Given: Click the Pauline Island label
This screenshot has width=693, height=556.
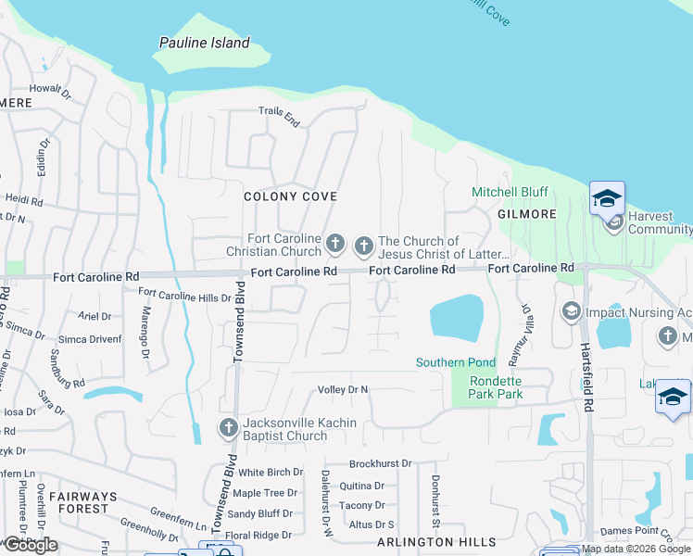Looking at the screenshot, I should [204, 43].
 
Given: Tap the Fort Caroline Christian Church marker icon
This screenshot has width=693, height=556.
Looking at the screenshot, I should [335, 246].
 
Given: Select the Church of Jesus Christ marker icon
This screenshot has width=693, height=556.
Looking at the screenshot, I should [363, 246].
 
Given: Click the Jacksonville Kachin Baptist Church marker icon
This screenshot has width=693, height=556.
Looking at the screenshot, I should [228, 428].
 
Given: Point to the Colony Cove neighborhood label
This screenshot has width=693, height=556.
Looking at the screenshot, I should [290, 196].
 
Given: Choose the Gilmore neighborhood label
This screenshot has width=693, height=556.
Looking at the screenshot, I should [526, 214].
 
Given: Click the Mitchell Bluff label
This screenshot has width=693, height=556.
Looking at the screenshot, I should [510, 192].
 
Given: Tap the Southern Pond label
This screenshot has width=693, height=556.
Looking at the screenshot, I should [455, 362].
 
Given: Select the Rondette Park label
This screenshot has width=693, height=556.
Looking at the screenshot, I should [496, 387].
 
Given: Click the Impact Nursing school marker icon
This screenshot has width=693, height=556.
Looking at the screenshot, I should [571, 312].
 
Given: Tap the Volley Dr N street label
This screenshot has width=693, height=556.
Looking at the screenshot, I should [343, 389].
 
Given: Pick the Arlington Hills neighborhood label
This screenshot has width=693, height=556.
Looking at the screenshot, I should [429, 541].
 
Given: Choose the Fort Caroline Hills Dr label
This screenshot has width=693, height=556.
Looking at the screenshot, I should [184, 297].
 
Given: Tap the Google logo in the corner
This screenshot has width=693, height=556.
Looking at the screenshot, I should [30, 545].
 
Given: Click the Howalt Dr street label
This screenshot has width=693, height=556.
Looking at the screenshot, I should [51, 91].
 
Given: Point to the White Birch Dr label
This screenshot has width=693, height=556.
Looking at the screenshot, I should [271, 473].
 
